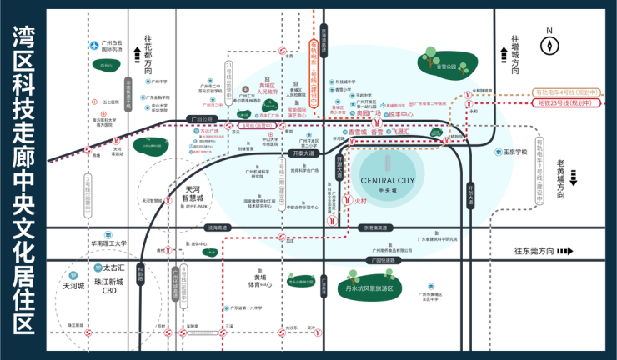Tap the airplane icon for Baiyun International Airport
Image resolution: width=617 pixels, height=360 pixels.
pos(95,45)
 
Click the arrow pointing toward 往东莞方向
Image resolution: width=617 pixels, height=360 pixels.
pos(566,251)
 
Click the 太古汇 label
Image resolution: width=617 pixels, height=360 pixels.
pos(113,267)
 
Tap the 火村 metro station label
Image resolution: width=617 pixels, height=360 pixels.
pos(359,201)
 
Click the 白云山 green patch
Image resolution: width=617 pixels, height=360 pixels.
pos(106,65)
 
